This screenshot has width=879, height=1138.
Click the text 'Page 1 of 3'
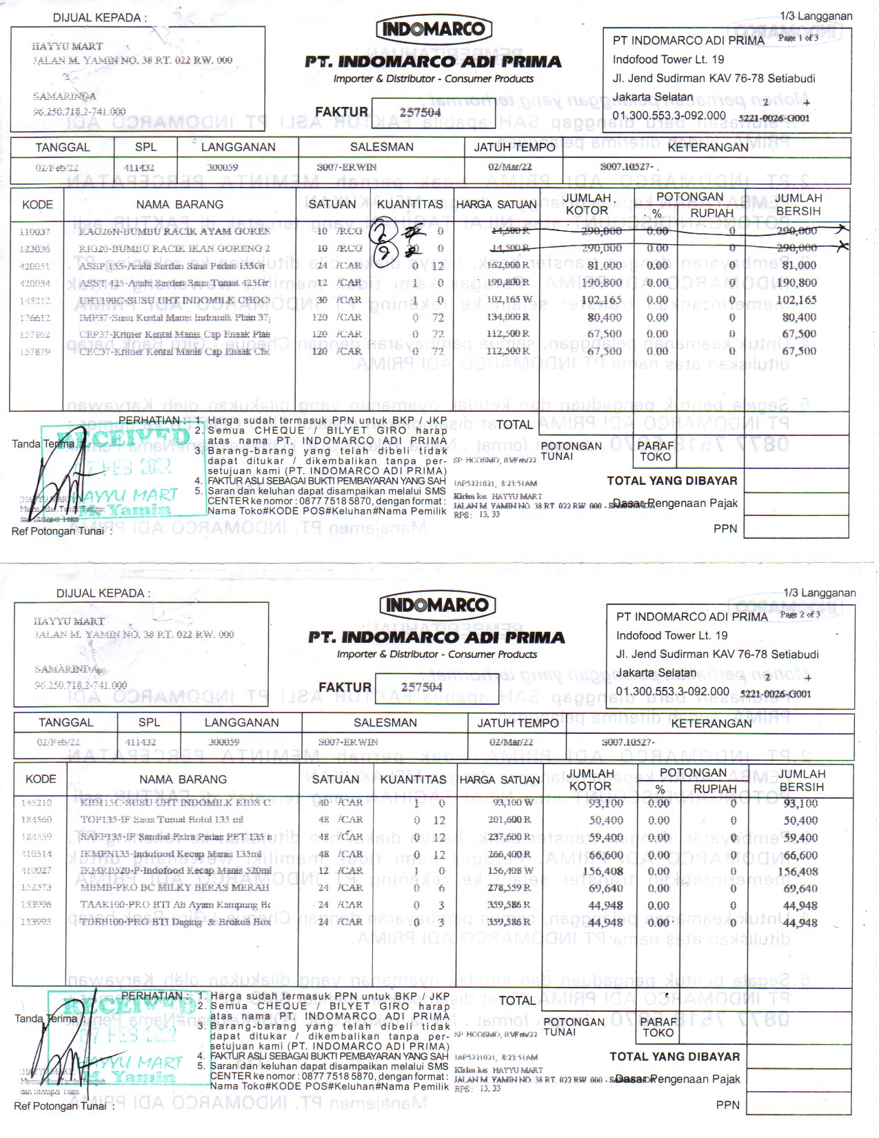point(798,38)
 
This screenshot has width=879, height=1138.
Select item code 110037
point(35,232)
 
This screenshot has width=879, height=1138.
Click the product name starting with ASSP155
point(172,266)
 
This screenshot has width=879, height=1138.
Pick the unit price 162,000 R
point(508,265)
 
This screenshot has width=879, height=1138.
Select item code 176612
point(35,317)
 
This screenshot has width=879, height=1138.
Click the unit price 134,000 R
point(508,317)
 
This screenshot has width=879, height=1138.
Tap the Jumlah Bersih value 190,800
point(796,283)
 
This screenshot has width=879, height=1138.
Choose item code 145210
point(37,803)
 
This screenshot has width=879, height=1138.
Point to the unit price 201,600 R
point(511,820)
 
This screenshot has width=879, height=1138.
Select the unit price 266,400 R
point(511,855)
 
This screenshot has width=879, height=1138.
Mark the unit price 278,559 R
point(511,888)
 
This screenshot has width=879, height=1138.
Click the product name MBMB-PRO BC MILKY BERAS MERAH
point(174,888)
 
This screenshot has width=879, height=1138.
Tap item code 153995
point(37,921)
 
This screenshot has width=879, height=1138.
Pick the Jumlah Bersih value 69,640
point(800,888)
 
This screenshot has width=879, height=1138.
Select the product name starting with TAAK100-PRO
point(174,904)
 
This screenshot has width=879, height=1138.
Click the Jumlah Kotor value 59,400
point(606,838)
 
